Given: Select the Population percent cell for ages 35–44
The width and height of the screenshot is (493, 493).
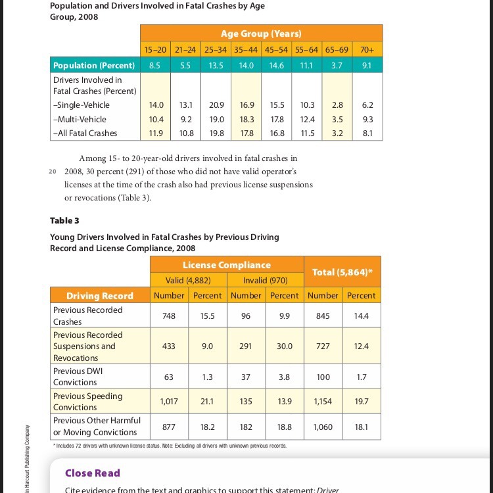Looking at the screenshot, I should click(247, 66).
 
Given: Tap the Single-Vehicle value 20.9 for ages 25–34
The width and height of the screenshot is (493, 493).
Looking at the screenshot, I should click(216, 105).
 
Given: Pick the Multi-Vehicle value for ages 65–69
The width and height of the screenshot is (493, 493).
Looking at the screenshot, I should click(337, 119).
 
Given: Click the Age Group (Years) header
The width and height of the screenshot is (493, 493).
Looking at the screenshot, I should click(261, 34).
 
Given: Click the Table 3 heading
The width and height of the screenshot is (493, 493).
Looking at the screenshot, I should click(64, 220).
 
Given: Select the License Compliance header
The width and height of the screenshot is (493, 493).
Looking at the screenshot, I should click(226, 265).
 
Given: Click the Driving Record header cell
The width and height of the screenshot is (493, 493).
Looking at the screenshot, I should click(99, 296).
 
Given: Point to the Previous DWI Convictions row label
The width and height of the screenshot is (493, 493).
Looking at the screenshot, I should click(78, 377).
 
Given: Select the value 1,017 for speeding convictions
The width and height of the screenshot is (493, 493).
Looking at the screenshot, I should click(169, 401).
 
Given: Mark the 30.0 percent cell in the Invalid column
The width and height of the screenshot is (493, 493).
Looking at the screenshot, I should click(285, 346).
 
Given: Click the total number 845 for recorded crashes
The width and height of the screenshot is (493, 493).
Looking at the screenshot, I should click(323, 316).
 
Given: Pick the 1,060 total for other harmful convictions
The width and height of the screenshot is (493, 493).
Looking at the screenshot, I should click(323, 427).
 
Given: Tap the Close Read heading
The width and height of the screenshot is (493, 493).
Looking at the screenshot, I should click(92, 473).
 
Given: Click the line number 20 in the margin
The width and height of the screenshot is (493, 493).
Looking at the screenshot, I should click(53, 172).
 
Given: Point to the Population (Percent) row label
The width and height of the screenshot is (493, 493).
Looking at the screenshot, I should click(93, 66).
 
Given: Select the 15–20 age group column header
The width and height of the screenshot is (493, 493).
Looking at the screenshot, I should click(155, 49).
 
